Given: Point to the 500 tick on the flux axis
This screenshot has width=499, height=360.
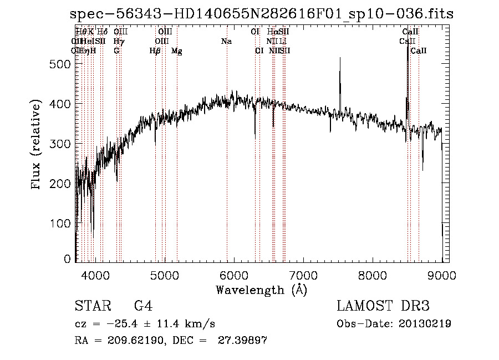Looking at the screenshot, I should pyautogui.click(x=59, y=64).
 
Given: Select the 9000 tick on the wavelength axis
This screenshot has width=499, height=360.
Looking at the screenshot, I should pyautogui.click(x=442, y=275).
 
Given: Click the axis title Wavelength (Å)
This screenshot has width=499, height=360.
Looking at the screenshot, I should pyautogui.click(x=261, y=289).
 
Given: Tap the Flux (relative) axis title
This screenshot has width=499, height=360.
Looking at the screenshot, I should pyautogui.click(x=37, y=145).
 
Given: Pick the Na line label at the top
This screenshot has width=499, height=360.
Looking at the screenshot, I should pyautogui.click(x=226, y=41).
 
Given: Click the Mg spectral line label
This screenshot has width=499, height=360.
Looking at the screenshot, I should pyautogui.click(x=177, y=51).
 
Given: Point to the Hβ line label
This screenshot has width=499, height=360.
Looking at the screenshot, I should pyautogui.click(x=155, y=51).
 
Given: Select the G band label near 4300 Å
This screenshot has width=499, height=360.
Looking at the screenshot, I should pyautogui.click(x=116, y=51).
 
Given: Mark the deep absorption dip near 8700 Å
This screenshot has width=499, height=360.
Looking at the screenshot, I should pyautogui.click(x=422, y=168).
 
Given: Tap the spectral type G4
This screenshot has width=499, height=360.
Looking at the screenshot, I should pyautogui.click(x=143, y=306).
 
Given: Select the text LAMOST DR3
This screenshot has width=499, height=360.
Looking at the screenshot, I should pyautogui.click(x=383, y=306).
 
